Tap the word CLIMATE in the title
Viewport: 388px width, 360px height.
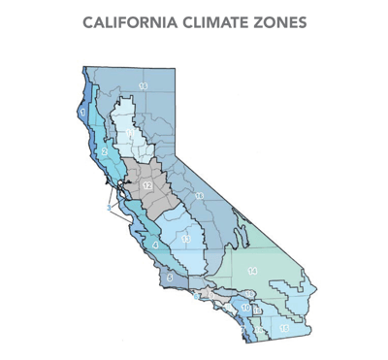tap(210, 21)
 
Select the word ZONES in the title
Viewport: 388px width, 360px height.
tap(275, 21)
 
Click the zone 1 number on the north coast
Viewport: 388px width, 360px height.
tap(84, 114)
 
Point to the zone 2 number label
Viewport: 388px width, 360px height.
tap(105, 152)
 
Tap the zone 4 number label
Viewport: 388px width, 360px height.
tap(155, 244)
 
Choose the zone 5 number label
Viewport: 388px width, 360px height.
tap(170, 278)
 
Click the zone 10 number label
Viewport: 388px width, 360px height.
tap(245, 308)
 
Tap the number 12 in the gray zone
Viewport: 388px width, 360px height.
tap(147, 184)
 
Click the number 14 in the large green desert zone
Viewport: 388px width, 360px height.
tap(252, 270)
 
